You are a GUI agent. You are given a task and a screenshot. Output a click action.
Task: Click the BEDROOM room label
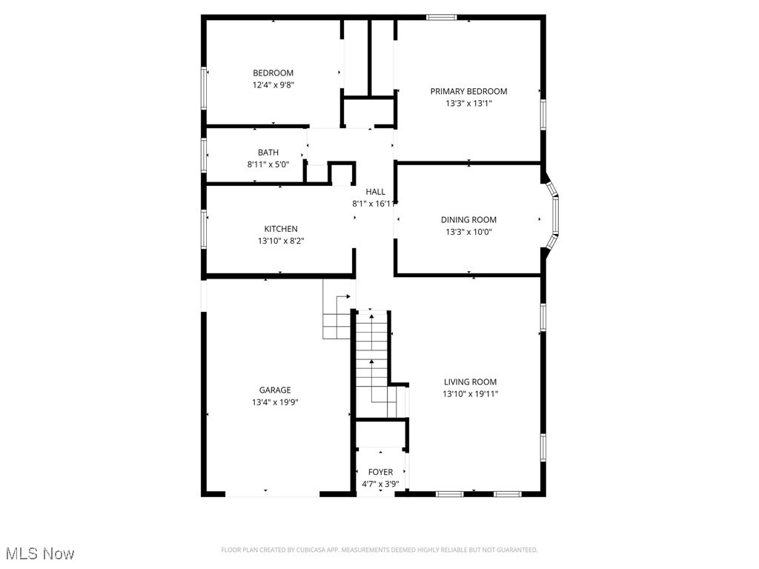[x=273, y=73]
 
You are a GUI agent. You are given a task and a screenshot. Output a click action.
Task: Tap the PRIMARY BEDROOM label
[x=468, y=91]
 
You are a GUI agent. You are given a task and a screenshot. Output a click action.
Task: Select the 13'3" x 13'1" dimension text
[x=468, y=104]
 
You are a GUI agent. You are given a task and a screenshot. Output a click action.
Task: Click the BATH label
[x=268, y=153]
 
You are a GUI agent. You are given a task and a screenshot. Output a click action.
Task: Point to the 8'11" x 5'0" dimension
[x=268, y=165]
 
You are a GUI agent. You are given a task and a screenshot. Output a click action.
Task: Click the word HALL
[x=375, y=192]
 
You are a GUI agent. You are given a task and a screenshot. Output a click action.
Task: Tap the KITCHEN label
[x=281, y=229]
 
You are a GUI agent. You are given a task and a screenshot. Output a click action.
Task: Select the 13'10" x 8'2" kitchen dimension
[x=281, y=241]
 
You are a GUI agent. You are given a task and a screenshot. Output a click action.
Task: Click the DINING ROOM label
[x=468, y=220]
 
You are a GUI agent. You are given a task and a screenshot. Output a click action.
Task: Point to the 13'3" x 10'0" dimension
[x=468, y=232]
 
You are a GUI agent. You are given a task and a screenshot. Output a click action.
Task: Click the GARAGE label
[x=275, y=390]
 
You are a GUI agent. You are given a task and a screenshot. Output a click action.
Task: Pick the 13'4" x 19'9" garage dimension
[x=275, y=402]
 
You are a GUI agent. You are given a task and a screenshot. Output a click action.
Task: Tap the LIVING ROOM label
[x=470, y=382]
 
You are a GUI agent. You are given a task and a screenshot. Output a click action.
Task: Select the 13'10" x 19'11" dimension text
[x=470, y=394]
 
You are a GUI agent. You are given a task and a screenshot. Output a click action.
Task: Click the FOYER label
[x=380, y=472]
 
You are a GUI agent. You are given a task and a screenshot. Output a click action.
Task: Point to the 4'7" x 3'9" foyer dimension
[x=380, y=484]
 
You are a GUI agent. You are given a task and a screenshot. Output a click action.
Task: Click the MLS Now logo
[x=39, y=553]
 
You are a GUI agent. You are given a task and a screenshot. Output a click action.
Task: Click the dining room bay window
[x=554, y=219]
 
